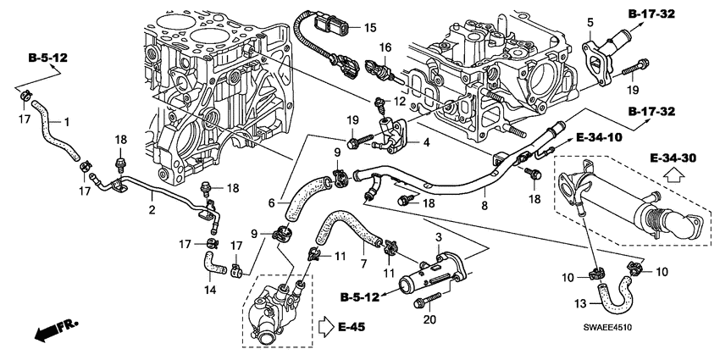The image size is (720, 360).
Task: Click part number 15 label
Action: tap(369, 28)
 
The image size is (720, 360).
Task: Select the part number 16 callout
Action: tap(385, 47)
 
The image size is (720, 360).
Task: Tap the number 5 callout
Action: tap(591, 21)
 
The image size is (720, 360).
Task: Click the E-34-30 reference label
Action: tap(673, 158)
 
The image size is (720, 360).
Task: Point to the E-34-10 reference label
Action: tap(599, 137)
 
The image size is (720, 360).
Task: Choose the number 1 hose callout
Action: tap(67, 122)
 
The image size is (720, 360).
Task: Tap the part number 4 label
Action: tap(427, 142)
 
